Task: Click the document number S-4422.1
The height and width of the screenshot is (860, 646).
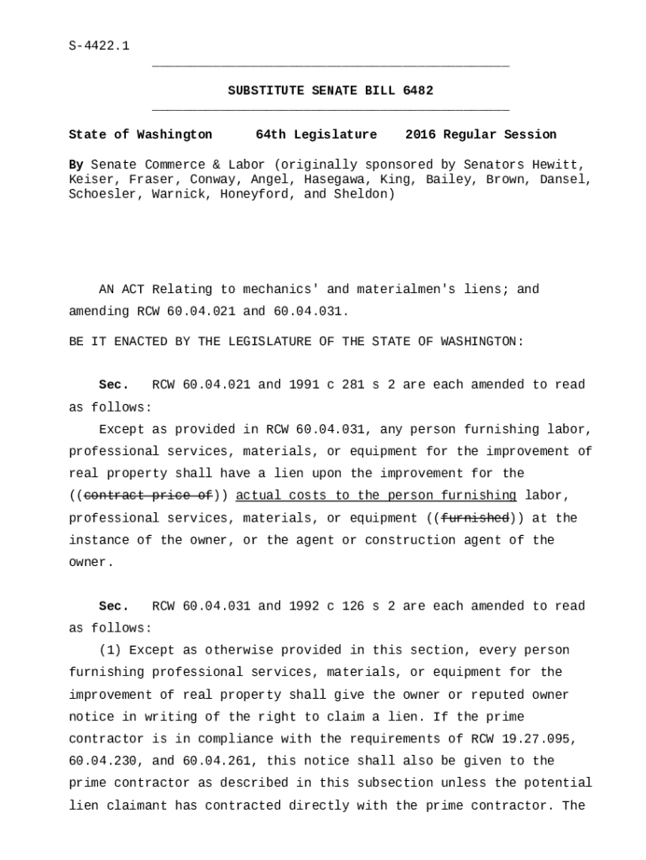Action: tap(99, 45)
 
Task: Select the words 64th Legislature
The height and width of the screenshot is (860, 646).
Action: tap(316, 134)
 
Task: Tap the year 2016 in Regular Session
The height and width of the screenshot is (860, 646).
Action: tap(422, 134)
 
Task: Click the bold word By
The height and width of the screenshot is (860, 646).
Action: tap(76, 165)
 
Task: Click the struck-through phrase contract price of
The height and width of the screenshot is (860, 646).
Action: tap(148, 496)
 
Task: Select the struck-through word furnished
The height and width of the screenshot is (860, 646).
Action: tap(475, 518)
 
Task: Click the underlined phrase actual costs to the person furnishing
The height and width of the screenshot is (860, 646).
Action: tap(376, 496)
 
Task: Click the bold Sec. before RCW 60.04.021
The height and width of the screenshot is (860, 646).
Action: tap(114, 385)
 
